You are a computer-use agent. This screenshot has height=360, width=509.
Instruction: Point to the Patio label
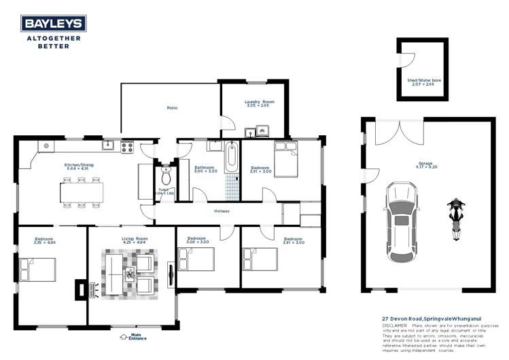[x=173, y=108]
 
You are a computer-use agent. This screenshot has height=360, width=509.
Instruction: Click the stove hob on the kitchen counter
[x=127, y=145]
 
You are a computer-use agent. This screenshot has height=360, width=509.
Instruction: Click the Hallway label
[x=222, y=211]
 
